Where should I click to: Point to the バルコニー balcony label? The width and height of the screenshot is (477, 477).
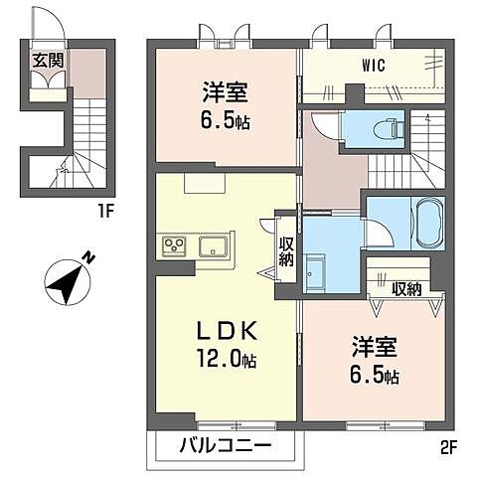226,445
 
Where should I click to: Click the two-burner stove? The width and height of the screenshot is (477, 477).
176,245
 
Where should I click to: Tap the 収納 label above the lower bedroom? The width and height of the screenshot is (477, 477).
405,289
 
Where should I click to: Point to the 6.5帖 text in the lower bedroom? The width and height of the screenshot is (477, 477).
377,378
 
